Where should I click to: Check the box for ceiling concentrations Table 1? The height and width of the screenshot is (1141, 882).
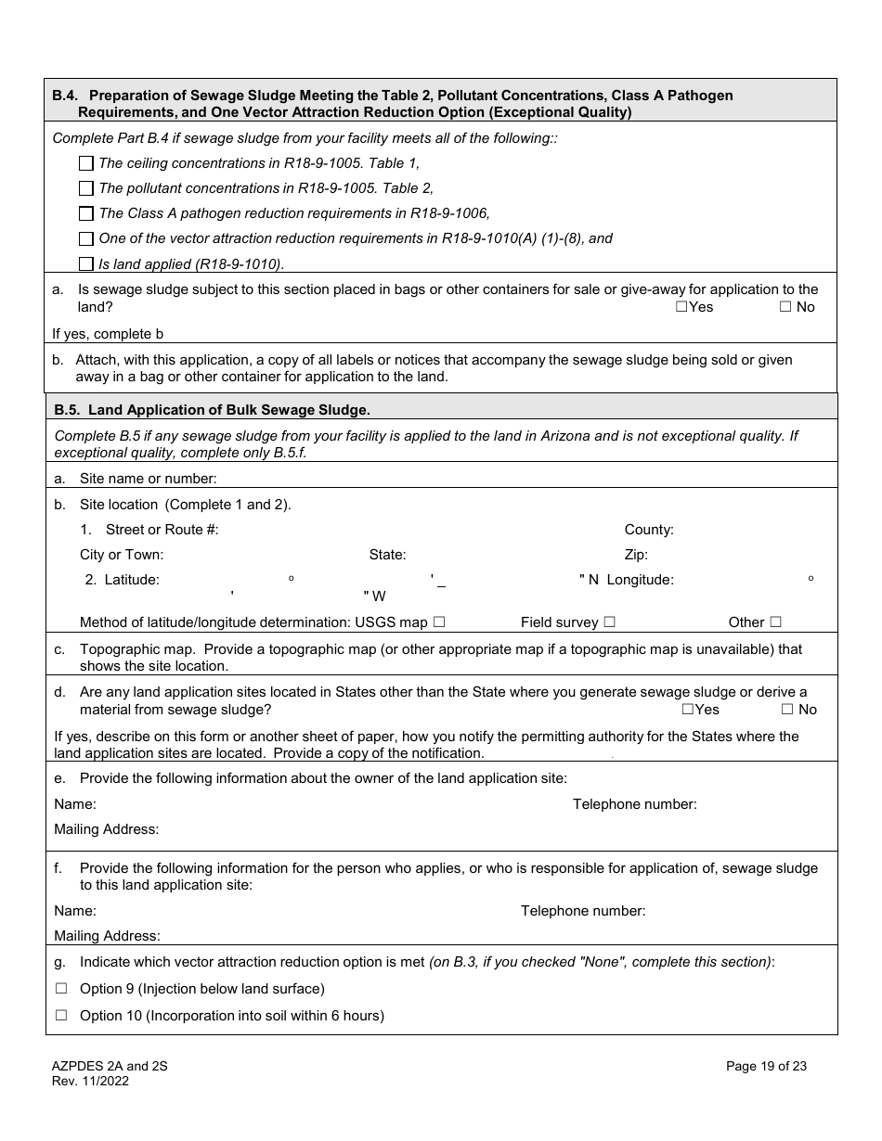[86, 163]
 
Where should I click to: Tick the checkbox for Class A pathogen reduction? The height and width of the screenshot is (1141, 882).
[86, 213]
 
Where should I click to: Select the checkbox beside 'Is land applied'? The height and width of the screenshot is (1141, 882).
[86, 263]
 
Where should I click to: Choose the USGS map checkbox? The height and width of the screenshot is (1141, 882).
[439, 622]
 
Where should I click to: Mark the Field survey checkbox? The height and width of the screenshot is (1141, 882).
[609, 622]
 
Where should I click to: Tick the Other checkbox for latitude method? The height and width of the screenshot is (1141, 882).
[775, 622]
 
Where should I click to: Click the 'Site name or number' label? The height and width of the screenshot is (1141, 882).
[148, 479]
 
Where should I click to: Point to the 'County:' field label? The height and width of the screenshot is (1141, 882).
[649, 530]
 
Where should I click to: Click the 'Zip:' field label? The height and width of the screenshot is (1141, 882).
[636, 555]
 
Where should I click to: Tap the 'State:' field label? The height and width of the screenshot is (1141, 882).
[387, 555]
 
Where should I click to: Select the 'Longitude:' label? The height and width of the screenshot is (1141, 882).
[641, 580]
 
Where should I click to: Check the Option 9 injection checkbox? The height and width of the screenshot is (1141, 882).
[61, 989]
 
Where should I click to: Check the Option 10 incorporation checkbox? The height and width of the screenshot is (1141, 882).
[61, 1015]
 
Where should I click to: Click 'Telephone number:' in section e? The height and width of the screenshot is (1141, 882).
[634, 804]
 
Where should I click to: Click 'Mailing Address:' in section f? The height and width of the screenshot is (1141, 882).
[107, 936]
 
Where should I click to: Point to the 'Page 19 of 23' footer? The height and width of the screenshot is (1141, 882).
[766, 1066]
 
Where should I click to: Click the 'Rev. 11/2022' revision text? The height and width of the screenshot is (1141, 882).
[90, 1081]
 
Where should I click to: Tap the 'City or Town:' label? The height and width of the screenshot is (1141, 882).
[122, 555]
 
